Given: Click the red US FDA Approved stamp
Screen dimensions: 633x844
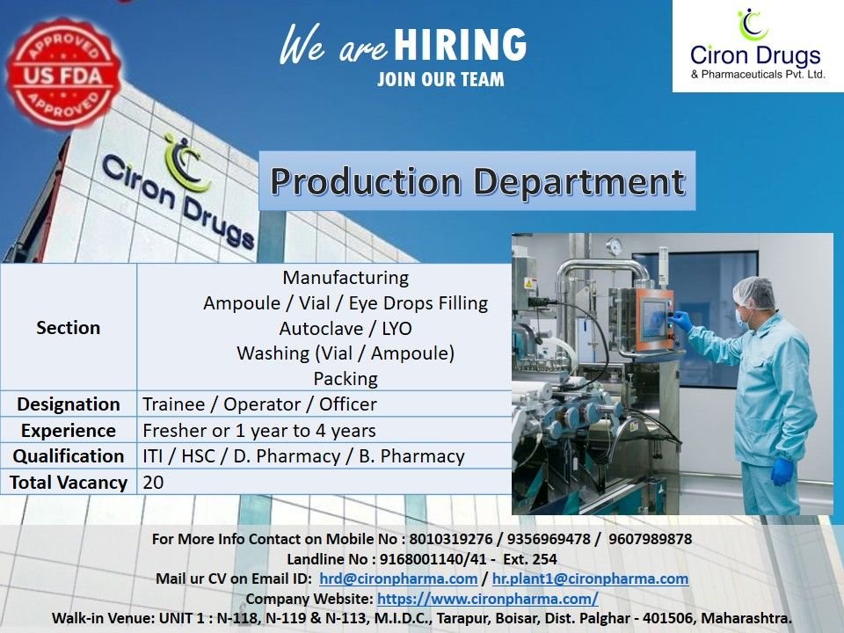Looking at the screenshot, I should tap(64, 73).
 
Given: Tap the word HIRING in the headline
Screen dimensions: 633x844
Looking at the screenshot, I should tap(461, 45).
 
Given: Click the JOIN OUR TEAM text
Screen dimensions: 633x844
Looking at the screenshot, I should tap(440, 80).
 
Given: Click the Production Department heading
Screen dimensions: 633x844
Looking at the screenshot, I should tap(477, 181).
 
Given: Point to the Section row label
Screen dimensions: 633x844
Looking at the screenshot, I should tap(69, 327).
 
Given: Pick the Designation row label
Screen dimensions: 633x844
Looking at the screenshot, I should tap(69, 404).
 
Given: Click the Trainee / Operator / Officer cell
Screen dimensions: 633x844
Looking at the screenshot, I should tap(259, 404).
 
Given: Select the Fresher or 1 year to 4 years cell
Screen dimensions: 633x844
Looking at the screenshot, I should tap(259, 431).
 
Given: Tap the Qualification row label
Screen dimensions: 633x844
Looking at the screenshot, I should tap(69, 456).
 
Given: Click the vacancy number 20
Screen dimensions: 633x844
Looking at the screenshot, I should tap(153, 482).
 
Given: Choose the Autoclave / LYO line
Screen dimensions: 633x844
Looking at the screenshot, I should tap(346, 329).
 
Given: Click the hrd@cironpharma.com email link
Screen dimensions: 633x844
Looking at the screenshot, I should tap(397, 578).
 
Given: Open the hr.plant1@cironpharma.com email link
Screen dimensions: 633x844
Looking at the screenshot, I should tap(590, 578).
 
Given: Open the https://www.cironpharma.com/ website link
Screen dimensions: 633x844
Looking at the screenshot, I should tap(488, 599).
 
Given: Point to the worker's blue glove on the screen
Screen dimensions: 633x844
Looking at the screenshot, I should tap(681, 321).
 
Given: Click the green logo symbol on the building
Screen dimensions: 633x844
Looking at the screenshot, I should tap(186, 163).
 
